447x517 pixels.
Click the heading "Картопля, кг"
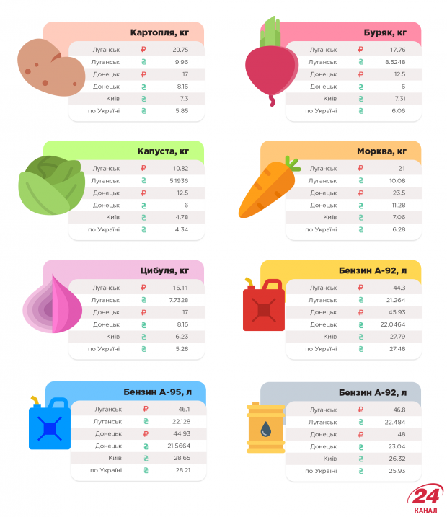click(x=160, y=32)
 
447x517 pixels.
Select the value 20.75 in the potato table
click(x=180, y=50)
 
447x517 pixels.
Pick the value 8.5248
click(x=397, y=62)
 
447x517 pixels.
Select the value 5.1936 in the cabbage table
click(x=180, y=180)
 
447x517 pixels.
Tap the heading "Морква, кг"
click(x=381, y=151)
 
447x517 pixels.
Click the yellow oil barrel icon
click(x=265, y=427)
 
